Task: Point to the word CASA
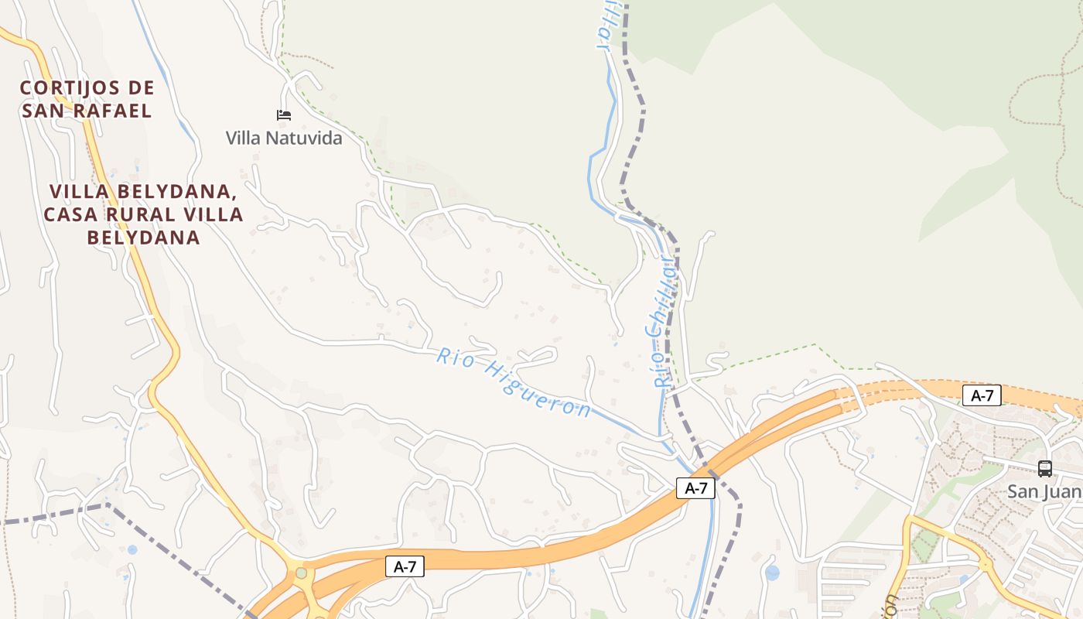click(x=72, y=214)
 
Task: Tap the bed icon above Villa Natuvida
click(x=284, y=115)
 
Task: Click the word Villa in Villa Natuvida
click(x=244, y=139)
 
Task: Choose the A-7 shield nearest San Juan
click(x=982, y=396)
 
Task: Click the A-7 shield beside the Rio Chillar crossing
click(x=695, y=488)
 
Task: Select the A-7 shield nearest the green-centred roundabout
click(x=405, y=567)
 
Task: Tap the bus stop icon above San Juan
click(x=1044, y=468)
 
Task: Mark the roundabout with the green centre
click(x=301, y=573)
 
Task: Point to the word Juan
click(x=1063, y=491)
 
